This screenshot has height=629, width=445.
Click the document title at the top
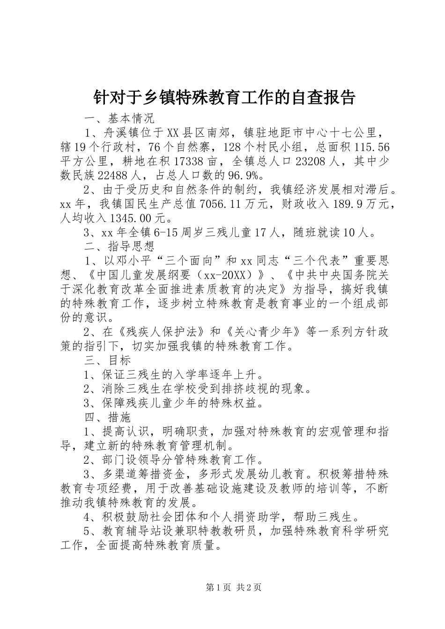(222, 97)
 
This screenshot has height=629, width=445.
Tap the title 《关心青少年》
(262, 332)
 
